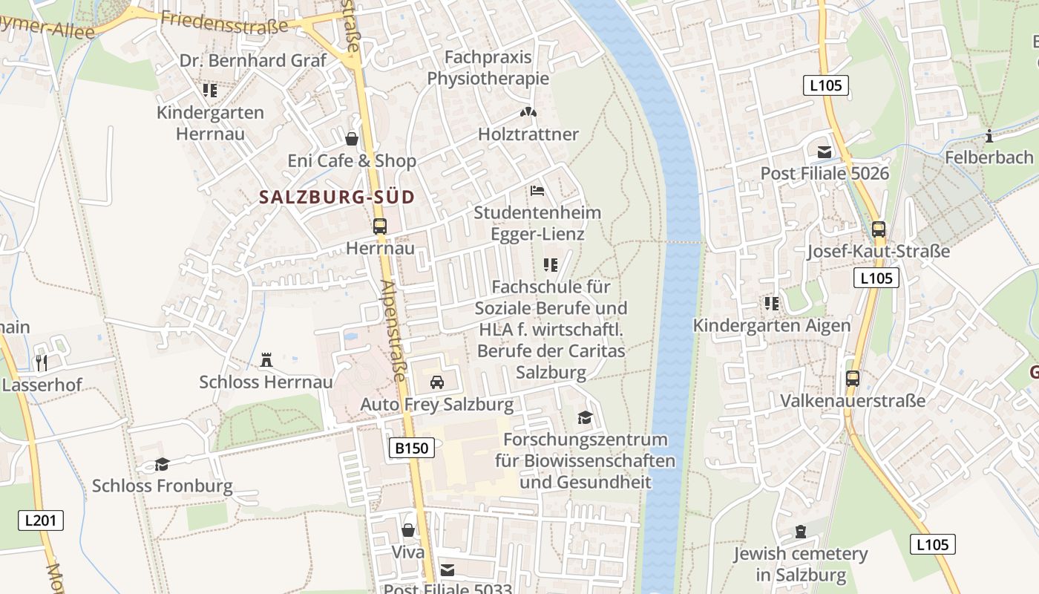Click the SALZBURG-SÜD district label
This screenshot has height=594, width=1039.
(x=336, y=198)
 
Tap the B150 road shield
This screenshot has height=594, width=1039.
(x=411, y=448)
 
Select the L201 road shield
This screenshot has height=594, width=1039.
(x=41, y=520)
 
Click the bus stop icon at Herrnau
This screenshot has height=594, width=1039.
(x=380, y=226)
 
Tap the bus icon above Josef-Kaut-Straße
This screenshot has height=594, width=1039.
(x=879, y=229)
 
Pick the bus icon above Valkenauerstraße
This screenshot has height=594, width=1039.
(x=853, y=379)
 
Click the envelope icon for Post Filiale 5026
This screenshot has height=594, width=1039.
(x=825, y=152)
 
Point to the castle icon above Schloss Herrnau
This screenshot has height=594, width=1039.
(x=266, y=360)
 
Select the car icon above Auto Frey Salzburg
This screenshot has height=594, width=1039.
(x=437, y=382)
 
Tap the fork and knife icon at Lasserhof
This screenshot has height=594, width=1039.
(x=42, y=363)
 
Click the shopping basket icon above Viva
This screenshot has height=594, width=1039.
(x=408, y=530)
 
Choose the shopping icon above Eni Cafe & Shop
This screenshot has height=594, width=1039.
(x=352, y=139)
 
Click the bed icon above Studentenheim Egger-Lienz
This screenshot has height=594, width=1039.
(x=537, y=191)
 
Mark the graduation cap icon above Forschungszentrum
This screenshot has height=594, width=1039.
(x=586, y=418)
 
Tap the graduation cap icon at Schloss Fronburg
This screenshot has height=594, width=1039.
(x=162, y=465)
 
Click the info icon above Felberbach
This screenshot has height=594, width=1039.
(x=989, y=136)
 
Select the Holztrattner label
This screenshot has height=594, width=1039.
(x=528, y=134)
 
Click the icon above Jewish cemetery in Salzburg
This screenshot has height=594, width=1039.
(x=801, y=532)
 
